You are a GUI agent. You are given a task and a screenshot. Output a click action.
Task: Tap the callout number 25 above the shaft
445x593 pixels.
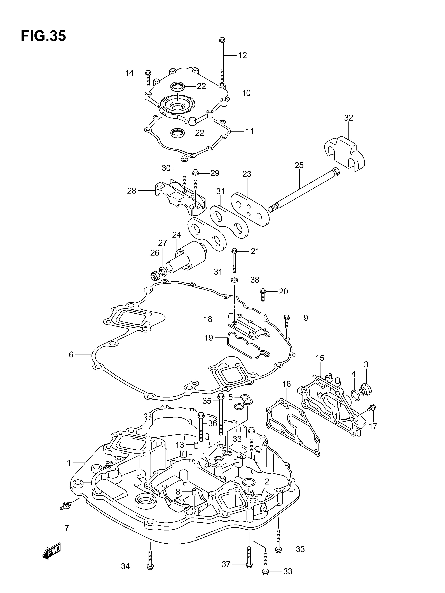coord(299,165)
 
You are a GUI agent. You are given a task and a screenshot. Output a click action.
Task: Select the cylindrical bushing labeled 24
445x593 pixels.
coord(186,257)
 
